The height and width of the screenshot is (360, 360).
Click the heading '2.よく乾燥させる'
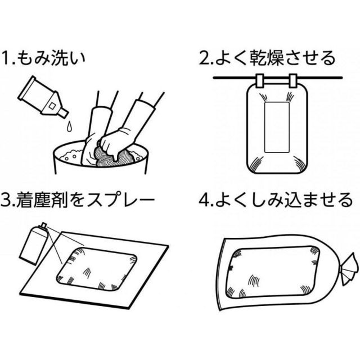[268, 57]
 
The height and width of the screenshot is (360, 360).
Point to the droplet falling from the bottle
[67, 125]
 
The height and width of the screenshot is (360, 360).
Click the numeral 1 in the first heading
[6, 58]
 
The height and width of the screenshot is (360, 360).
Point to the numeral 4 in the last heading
[206, 200]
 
